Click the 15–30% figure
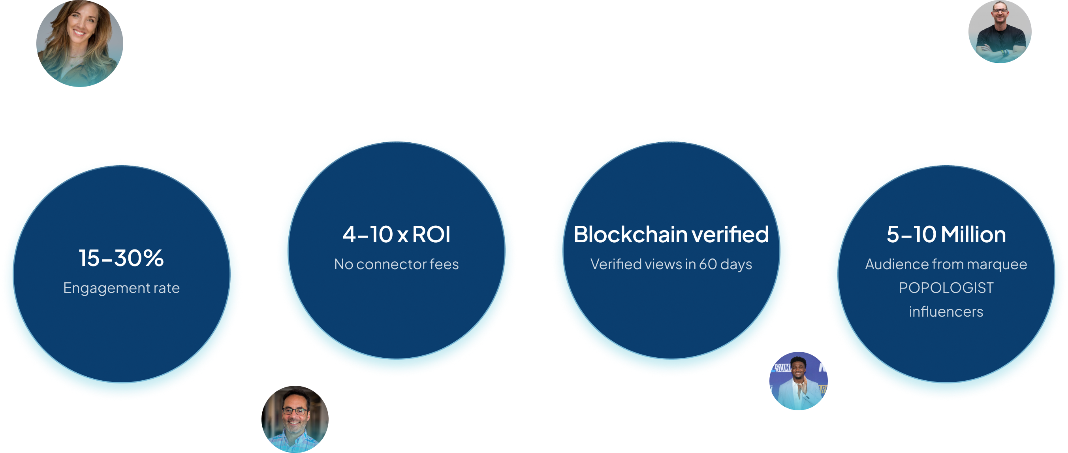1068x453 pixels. point(121,258)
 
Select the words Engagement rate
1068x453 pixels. point(121,288)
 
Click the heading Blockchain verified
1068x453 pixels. point(671,234)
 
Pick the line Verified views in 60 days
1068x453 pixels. point(671,264)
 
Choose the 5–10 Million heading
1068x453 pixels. point(946,234)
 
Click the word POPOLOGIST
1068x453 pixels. point(946,288)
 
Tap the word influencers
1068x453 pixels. point(946,311)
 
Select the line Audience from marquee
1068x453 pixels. point(946,264)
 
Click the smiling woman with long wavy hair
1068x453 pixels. point(80,43)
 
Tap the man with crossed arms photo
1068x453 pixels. point(1000,32)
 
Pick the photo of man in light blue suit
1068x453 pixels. point(798,381)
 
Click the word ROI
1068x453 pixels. point(431,234)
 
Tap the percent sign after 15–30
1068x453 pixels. point(154,258)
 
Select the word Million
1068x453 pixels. point(973,234)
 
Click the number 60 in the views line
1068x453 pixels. point(708,264)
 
